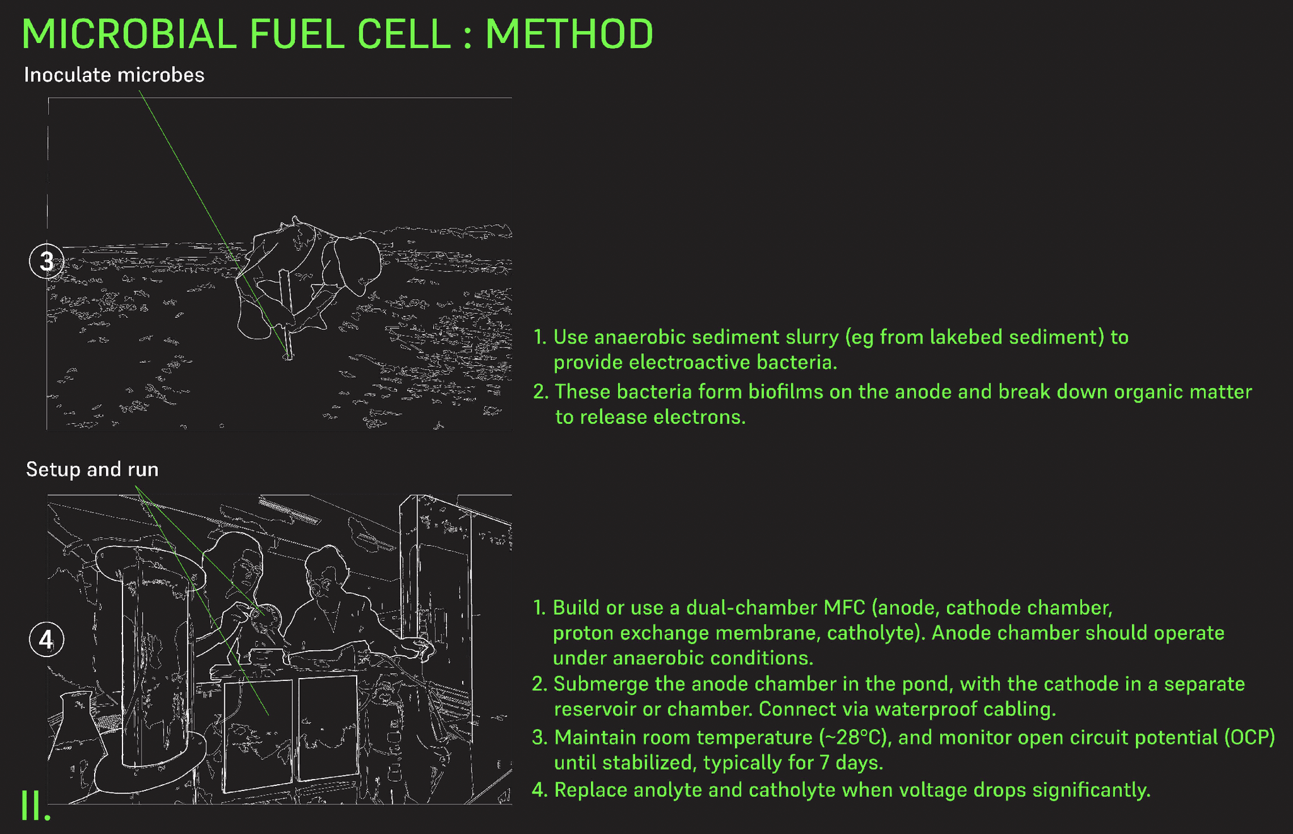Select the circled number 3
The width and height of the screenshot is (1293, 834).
coord(47,261)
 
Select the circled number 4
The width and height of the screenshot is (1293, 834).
coord(47,639)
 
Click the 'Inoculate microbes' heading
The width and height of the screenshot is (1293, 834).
coord(114,75)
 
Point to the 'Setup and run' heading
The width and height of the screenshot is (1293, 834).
coord(92,469)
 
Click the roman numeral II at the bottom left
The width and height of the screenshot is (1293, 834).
coord(35,805)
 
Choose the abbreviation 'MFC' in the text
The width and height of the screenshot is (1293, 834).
coord(844,608)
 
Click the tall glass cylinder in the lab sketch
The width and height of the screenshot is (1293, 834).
coord(152,663)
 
